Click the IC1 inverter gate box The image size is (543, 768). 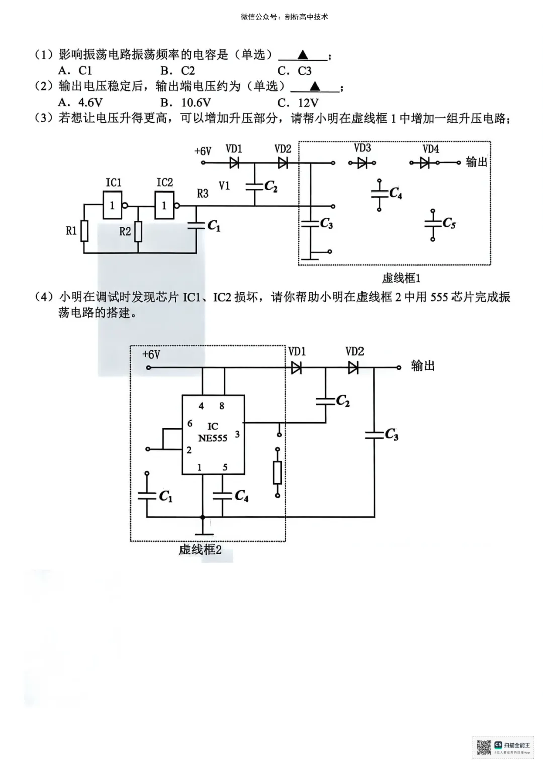(112, 206)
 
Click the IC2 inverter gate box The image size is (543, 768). (164, 206)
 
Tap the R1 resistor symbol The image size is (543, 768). (84, 231)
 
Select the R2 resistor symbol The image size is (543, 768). (138, 231)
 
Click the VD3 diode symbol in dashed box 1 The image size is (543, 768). (363, 163)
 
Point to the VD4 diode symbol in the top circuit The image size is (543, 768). (425, 163)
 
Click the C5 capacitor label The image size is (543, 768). (449, 223)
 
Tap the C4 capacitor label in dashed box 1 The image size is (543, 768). (396, 193)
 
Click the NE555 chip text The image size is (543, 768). (212, 438)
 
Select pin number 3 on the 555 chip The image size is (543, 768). (237, 434)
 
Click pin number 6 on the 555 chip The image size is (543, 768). (190, 424)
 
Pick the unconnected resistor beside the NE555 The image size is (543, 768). (277, 472)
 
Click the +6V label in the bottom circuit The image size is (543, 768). (151, 355)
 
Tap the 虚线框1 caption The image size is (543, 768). (401, 278)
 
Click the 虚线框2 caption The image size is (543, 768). (200, 550)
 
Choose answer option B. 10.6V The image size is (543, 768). (186, 103)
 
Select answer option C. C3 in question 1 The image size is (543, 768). (295, 71)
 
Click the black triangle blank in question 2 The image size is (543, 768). (315, 86)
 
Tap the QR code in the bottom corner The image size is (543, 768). (484, 747)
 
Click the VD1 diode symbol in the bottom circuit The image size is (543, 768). (296, 368)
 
